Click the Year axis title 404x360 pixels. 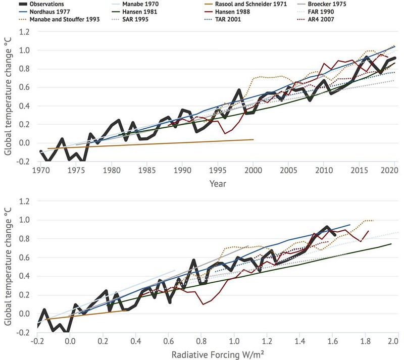click(218, 183)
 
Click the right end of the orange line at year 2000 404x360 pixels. click(253, 139)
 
